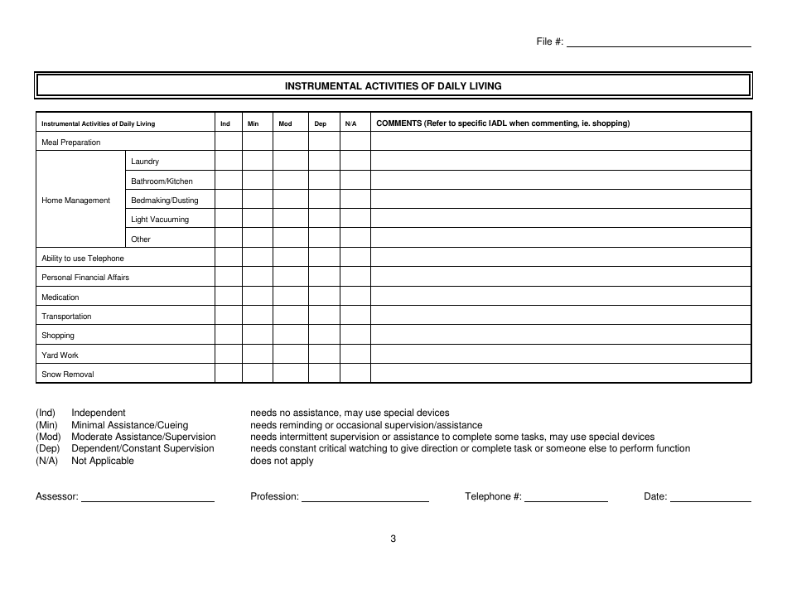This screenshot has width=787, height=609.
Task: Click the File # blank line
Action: (x=659, y=41)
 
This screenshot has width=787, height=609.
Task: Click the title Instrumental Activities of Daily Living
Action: (x=393, y=85)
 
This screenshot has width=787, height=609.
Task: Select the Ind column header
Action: (x=225, y=124)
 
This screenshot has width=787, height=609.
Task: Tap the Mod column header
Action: (x=285, y=124)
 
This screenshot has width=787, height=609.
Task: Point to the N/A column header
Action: (x=350, y=124)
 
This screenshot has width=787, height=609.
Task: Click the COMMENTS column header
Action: (x=503, y=123)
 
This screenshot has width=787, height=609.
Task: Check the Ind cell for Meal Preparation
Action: (x=228, y=143)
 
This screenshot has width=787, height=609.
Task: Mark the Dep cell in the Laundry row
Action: (x=324, y=162)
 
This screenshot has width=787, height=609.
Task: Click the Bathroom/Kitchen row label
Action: (x=162, y=181)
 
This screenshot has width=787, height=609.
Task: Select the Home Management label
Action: (x=76, y=201)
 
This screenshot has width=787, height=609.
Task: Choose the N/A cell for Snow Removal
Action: (x=355, y=375)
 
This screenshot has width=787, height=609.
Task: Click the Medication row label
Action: (x=60, y=297)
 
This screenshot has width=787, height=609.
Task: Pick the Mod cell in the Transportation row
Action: (x=291, y=317)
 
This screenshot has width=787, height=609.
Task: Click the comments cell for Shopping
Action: (x=560, y=336)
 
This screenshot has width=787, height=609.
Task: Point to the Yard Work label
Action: (x=60, y=355)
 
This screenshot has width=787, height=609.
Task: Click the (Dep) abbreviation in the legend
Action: (x=46, y=449)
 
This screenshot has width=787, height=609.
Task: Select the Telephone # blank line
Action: (x=566, y=497)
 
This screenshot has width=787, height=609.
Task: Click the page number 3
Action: (x=393, y=539)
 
